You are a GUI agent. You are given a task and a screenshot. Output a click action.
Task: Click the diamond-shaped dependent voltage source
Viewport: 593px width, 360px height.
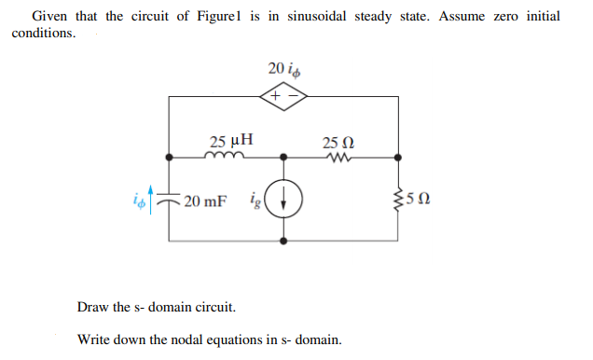click(284, 95)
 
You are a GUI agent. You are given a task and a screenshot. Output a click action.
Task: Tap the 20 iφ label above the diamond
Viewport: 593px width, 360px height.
click(284, 69)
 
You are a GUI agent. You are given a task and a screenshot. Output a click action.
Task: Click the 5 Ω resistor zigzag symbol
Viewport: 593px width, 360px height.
click(401, 199)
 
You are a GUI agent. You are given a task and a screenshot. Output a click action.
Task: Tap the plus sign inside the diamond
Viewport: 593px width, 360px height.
click(275, 95)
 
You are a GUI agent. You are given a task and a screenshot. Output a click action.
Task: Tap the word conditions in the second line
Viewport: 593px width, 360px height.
click(43, 34)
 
